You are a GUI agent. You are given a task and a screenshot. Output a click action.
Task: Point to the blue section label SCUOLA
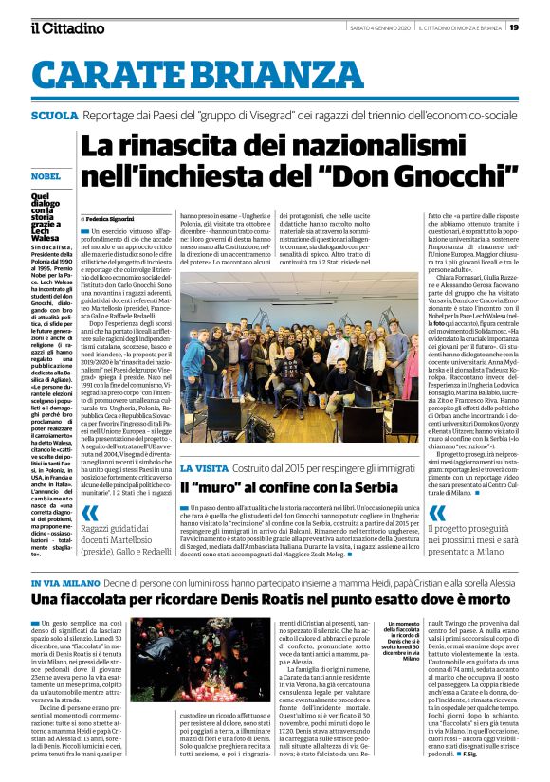54,116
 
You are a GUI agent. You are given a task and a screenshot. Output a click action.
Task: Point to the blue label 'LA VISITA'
203,468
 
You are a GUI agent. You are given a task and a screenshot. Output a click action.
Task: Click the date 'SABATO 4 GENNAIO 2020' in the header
377,27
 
